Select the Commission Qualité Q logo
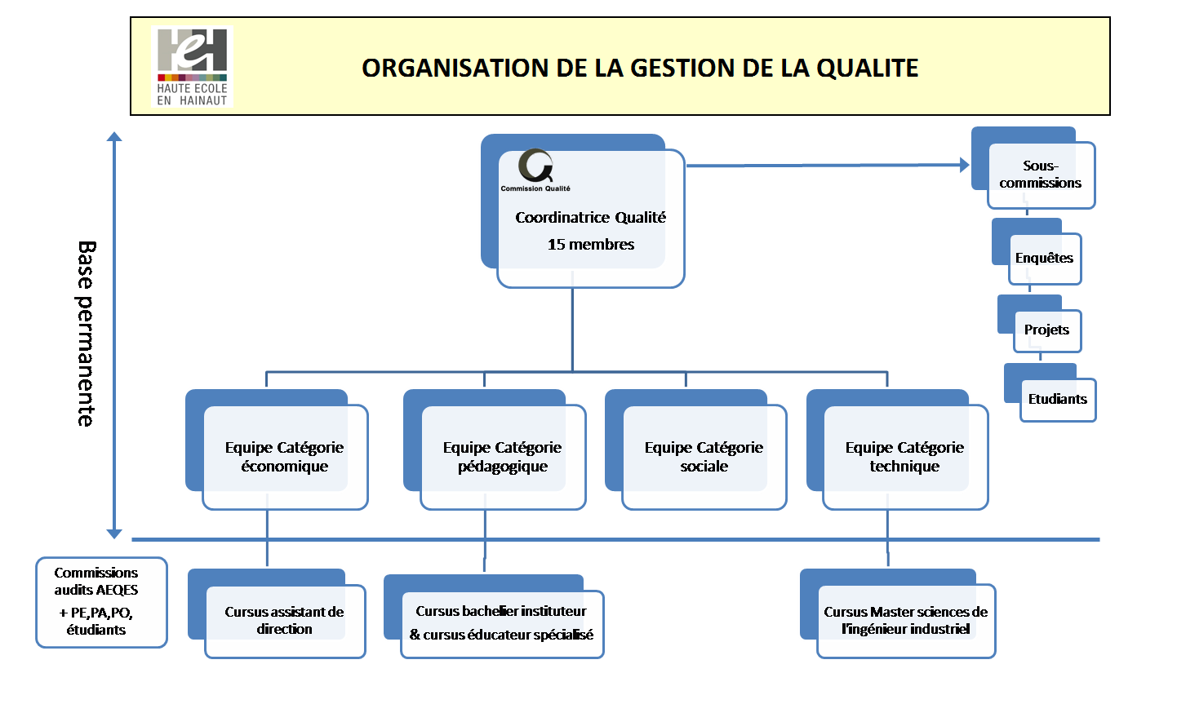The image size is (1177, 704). (535, 166)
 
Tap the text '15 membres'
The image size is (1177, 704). (590, 245)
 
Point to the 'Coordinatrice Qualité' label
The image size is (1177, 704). (590, 218)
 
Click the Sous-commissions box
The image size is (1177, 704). (1041, 175)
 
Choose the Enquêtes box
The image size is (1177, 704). (1044, 258)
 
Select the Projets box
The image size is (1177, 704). (1046, 330)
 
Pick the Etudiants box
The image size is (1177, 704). (1057, 399)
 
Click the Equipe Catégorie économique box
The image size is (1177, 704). (284, 457)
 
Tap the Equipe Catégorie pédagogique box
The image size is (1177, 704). (502, 457)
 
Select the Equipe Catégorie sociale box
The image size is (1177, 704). (704, 457)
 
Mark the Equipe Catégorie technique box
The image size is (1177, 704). (904, 457)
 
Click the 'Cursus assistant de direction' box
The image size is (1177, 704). (284, 621)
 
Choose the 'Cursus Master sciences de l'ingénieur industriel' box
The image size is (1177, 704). (905, 621)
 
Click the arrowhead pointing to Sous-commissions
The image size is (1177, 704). (964, 165)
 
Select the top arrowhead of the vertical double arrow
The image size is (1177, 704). (114, 137)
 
